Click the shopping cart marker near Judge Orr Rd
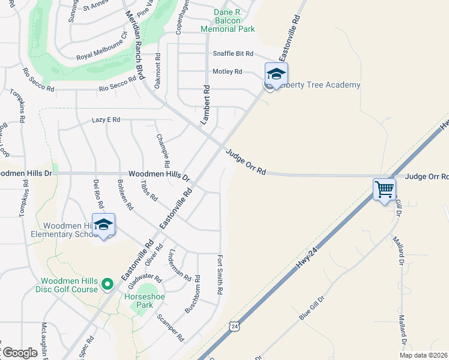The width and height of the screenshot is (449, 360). click(384, 190)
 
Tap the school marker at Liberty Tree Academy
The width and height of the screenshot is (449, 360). click(276, 74)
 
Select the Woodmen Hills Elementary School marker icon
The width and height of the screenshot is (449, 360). click(103, 225)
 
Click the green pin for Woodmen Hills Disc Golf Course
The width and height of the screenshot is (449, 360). click(107, 284)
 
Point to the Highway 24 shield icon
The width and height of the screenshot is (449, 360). click(235, 326)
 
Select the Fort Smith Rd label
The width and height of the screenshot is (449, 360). click(220, 275)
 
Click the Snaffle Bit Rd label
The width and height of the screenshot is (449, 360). click(233, 53)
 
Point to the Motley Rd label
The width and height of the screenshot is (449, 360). click(228, 71)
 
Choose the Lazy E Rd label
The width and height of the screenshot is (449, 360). click(106, 120)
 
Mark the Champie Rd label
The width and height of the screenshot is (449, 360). click(162, 151)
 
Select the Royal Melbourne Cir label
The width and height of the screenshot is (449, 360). click(102, 49)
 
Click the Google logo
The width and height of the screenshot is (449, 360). click(20, 353)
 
